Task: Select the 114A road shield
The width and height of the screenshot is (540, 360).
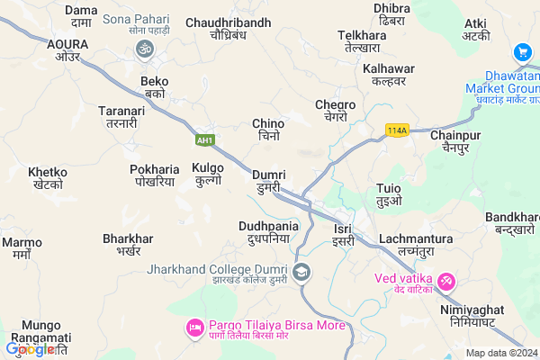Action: click(396, 130)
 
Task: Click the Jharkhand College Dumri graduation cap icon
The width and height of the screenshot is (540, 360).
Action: click(302, 272)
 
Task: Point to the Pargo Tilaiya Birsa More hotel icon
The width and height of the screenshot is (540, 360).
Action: click(193, 327)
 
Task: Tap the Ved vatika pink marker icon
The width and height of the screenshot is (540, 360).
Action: click(445, 282)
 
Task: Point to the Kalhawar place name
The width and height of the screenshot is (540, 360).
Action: click(388, 74)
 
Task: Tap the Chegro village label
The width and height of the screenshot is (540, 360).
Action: click(336, 111)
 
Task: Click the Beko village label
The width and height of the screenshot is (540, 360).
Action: click(155, 87)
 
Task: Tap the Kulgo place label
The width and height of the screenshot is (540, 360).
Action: click(209, 174)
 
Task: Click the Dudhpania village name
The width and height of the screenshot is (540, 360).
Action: click(268, 233)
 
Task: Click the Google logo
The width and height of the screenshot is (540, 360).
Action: click(30, 348)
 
